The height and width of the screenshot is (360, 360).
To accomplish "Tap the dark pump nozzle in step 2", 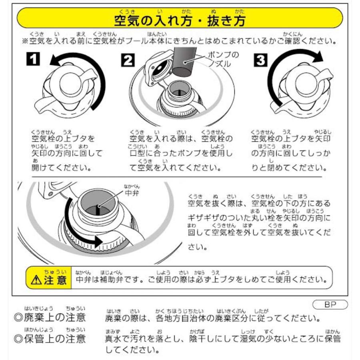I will pyautogui.click(x=185, y=62).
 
